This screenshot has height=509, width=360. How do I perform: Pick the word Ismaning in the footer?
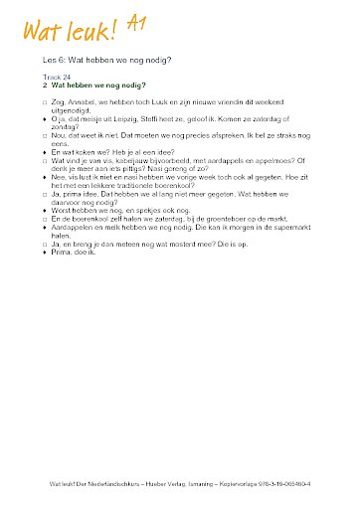[x=218, y=484]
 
